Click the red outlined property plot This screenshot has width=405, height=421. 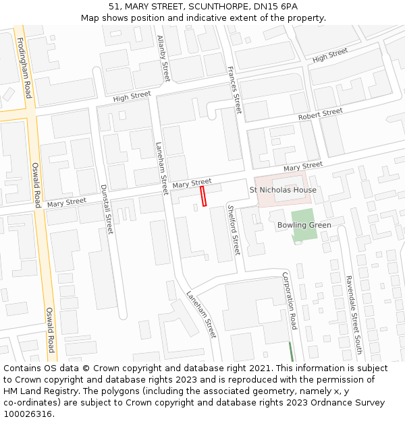(x=202, y=196)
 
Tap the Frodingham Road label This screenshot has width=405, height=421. (x=24, y=67)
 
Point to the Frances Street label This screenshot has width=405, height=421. (x=234, y=90)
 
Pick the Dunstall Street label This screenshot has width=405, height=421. (x=107, y=209)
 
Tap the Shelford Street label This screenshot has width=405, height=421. (x=233, y=230)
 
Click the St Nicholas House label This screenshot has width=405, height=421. (x=283, y=190)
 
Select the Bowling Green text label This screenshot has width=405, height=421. (x=304, y=225)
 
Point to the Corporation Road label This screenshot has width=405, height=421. (x=290, y=300)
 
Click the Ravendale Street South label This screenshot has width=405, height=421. (x=354, y=315)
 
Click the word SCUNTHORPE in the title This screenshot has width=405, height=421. (x=209, y=6)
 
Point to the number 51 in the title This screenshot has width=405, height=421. (x=114, y=6)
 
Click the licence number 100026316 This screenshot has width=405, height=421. (x=28, y=414)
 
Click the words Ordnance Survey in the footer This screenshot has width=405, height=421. (x=352, y=403)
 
